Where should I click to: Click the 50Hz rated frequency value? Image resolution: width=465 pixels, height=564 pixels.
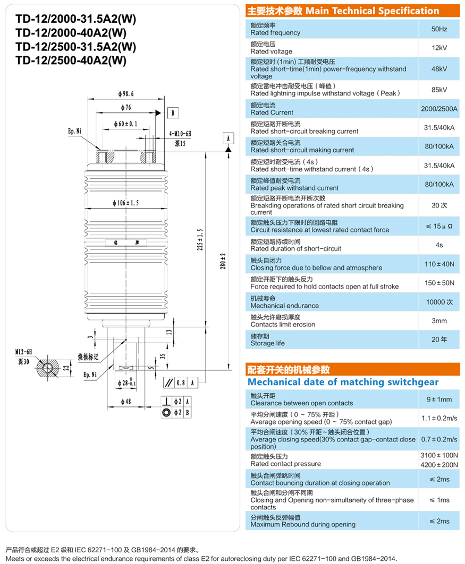click(x=439, y=29)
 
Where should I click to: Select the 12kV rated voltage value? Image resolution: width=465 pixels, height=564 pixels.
click(x=439, y=48)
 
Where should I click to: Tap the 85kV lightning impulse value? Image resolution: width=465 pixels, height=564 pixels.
click(x=439, y=89)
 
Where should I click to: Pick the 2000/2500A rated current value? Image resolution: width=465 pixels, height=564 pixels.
click(x=439, y=109)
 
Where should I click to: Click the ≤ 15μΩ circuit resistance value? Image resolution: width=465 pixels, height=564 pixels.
click(x=439, y=226)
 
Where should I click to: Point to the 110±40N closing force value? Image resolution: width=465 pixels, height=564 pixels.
click(x=439, y=264)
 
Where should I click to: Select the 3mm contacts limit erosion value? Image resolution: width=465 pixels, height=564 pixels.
click(x=439, y=320)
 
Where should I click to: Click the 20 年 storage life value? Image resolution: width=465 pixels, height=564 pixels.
click(x=439, y=339)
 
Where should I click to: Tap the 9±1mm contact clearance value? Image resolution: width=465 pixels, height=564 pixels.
click(x=439, y=399)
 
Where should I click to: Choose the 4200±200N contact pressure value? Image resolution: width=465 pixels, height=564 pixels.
click(x=439, y=465)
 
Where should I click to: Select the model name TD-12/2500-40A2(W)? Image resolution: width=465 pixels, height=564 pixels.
click(x=71, y=60)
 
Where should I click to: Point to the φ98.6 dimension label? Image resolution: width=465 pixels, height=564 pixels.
click(x=126, y=94)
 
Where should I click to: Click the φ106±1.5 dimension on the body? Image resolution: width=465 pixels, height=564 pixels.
click(x=126, y=203)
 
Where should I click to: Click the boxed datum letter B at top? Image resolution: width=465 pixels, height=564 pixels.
click(x=173, y=112)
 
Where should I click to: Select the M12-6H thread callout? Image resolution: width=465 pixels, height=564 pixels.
click(x=23, y=351)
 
